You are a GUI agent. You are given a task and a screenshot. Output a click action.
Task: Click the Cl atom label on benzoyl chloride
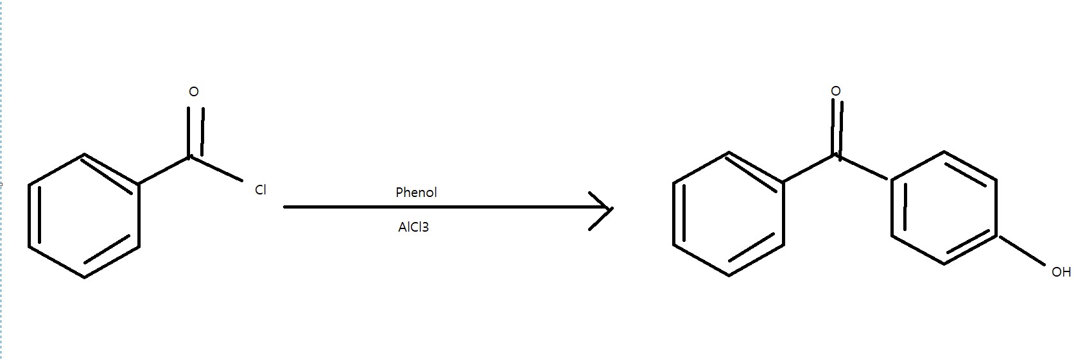tap(260, 190)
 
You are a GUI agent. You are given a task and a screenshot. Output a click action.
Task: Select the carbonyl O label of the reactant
tap(194, 92)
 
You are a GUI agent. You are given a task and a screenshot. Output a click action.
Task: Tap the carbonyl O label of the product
tap(835, 92)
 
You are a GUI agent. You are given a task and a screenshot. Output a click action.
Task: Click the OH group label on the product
tap(1061, 272)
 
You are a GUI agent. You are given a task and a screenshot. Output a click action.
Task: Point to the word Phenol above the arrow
tap(416, 193)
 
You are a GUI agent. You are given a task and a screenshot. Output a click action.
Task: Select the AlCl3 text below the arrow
tap(413, 227)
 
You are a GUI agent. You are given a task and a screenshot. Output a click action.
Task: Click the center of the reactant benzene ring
tap(84, 216)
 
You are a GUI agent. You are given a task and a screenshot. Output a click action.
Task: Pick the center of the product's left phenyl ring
tap(729, 214)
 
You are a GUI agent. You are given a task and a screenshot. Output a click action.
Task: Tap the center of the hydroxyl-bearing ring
tap(944, 208)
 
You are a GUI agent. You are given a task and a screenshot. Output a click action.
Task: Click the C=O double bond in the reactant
tap(195, 132)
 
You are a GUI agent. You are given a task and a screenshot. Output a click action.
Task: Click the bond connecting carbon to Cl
tap(216, 169)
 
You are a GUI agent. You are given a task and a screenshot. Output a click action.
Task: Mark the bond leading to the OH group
tap(1021, 250)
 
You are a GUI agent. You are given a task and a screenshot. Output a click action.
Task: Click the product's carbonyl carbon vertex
tap(836, 155)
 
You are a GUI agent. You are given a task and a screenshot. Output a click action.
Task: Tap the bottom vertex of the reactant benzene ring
tap(84, 277)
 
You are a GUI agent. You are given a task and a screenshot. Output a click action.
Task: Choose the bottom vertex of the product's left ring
tap(729, 276)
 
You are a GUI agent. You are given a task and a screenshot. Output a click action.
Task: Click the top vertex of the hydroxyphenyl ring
tap(944, 152)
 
